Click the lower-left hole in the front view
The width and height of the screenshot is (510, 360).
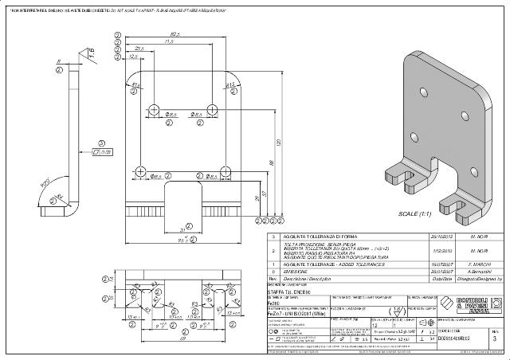(141, 171)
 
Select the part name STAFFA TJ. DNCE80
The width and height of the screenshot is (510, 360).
(291, 293)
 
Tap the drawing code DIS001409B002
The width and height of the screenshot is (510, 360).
(458, 339)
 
